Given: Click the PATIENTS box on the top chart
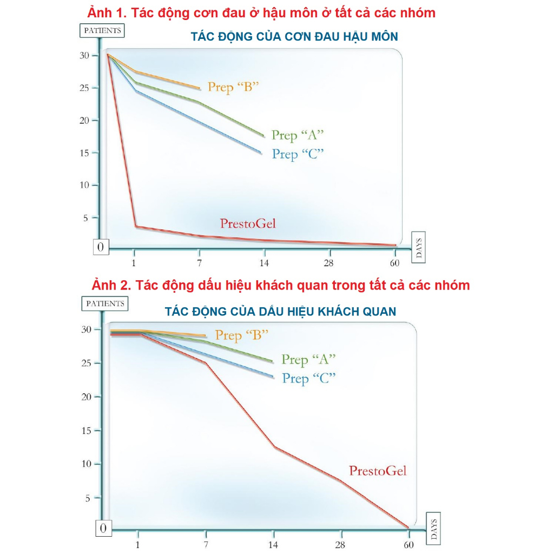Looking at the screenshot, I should tap(102, 30).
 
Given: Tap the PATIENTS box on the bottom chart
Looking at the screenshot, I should tap(105, 304).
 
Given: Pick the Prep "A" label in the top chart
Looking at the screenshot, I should tap(298, 135).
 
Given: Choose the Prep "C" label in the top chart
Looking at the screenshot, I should tap(298, 154).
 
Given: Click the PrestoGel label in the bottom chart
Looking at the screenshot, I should tap(378, 471).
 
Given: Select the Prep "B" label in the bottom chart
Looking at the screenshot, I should tap(242, 335).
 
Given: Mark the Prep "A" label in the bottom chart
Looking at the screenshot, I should tap(308, 360).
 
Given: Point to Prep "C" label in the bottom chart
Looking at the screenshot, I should tap(308, 379).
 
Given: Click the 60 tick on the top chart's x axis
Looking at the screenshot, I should tap(394, 263).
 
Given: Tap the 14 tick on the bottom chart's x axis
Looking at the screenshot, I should tap(273, 545).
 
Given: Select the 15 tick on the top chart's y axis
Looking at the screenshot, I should tap(83, 153).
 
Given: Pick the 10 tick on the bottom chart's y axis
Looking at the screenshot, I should tap(88, 464).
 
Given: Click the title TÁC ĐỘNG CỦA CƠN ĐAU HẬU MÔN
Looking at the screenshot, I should tap(294, 37).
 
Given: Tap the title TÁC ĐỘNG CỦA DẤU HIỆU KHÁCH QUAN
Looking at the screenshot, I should tap(280, 312).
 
